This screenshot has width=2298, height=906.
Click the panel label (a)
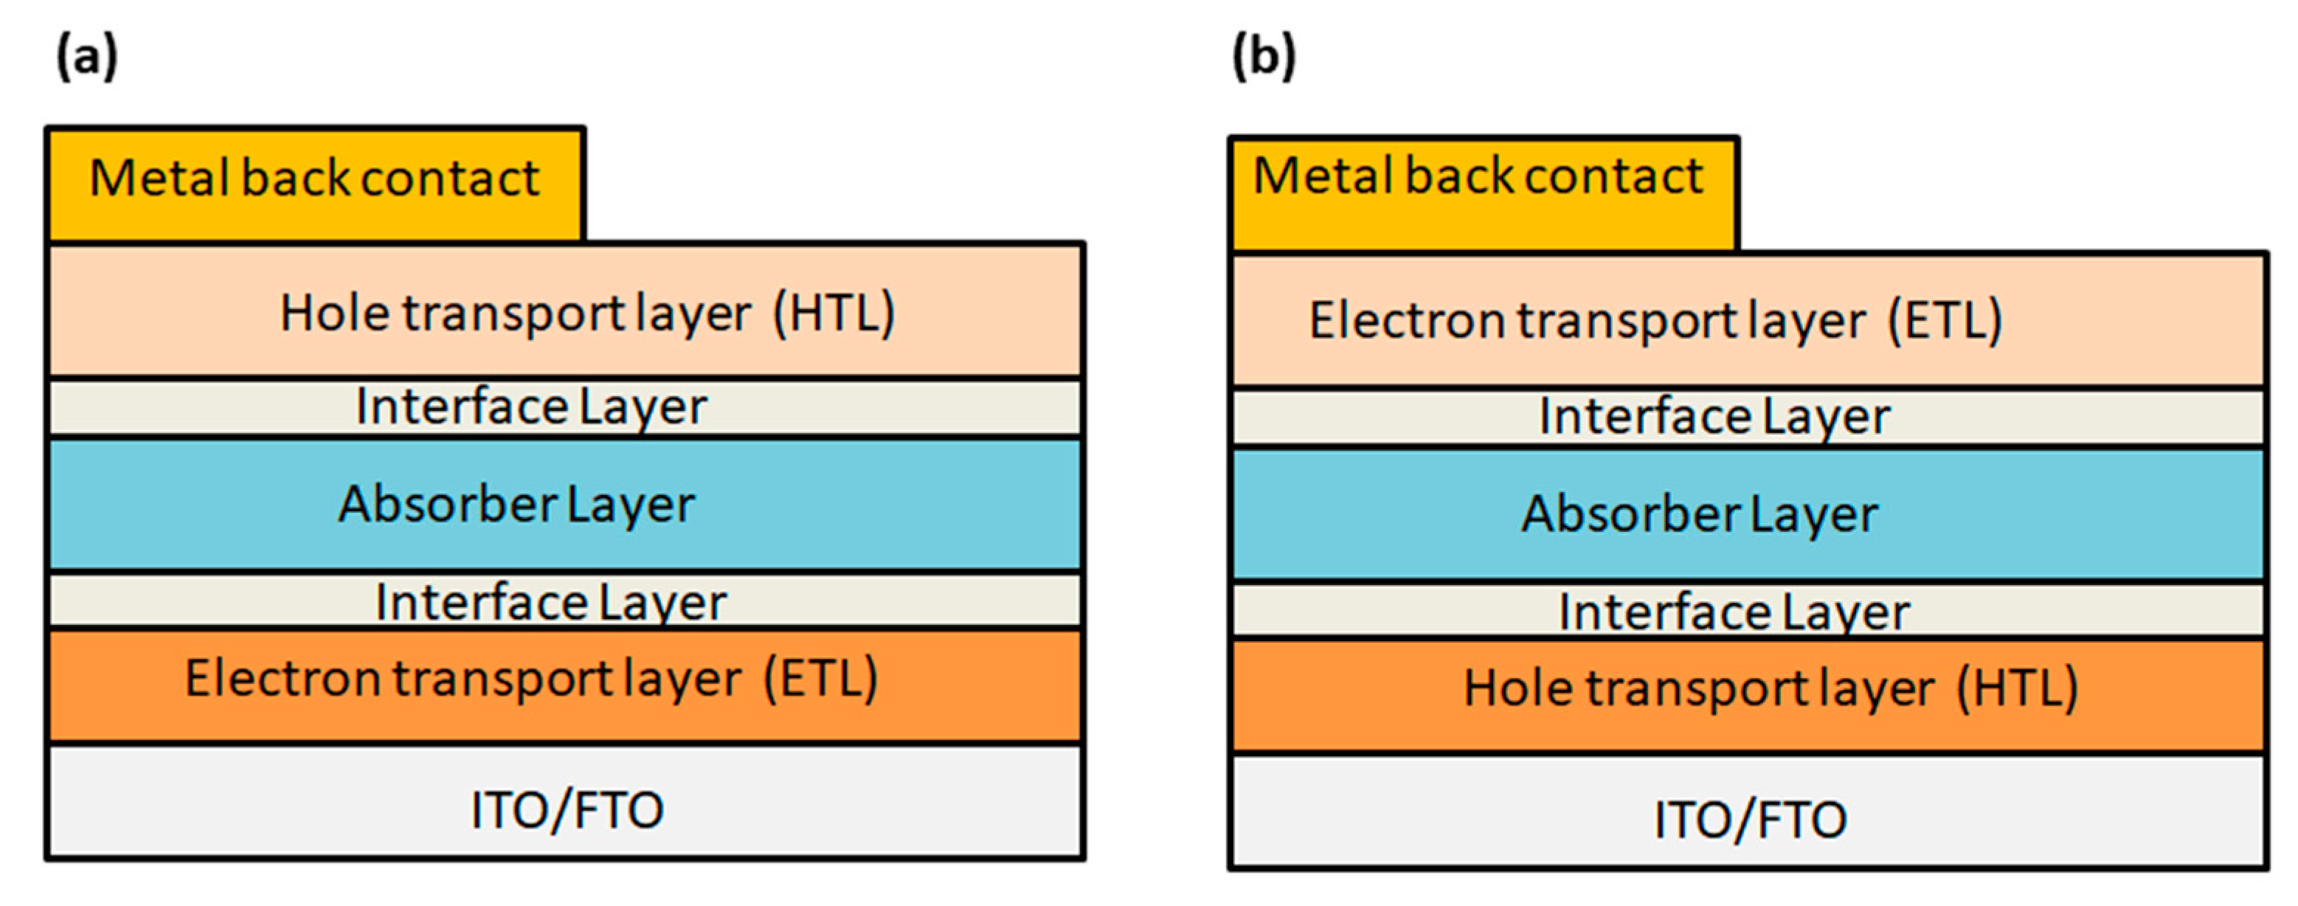[86, 56]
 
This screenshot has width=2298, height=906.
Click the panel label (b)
[1263, 56]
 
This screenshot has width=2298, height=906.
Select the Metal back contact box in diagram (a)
[315, 183]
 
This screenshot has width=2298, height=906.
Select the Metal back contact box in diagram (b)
[1483, 192]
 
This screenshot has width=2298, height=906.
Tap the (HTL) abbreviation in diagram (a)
[834, 314]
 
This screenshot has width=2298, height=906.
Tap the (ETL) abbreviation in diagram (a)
[820, 679]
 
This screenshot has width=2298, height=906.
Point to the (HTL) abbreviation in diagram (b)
[2018, 689]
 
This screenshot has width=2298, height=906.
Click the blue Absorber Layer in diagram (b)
[1748, 514]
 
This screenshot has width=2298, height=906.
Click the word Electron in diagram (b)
[1407, 321]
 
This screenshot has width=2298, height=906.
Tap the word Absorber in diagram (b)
[1630, 514]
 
